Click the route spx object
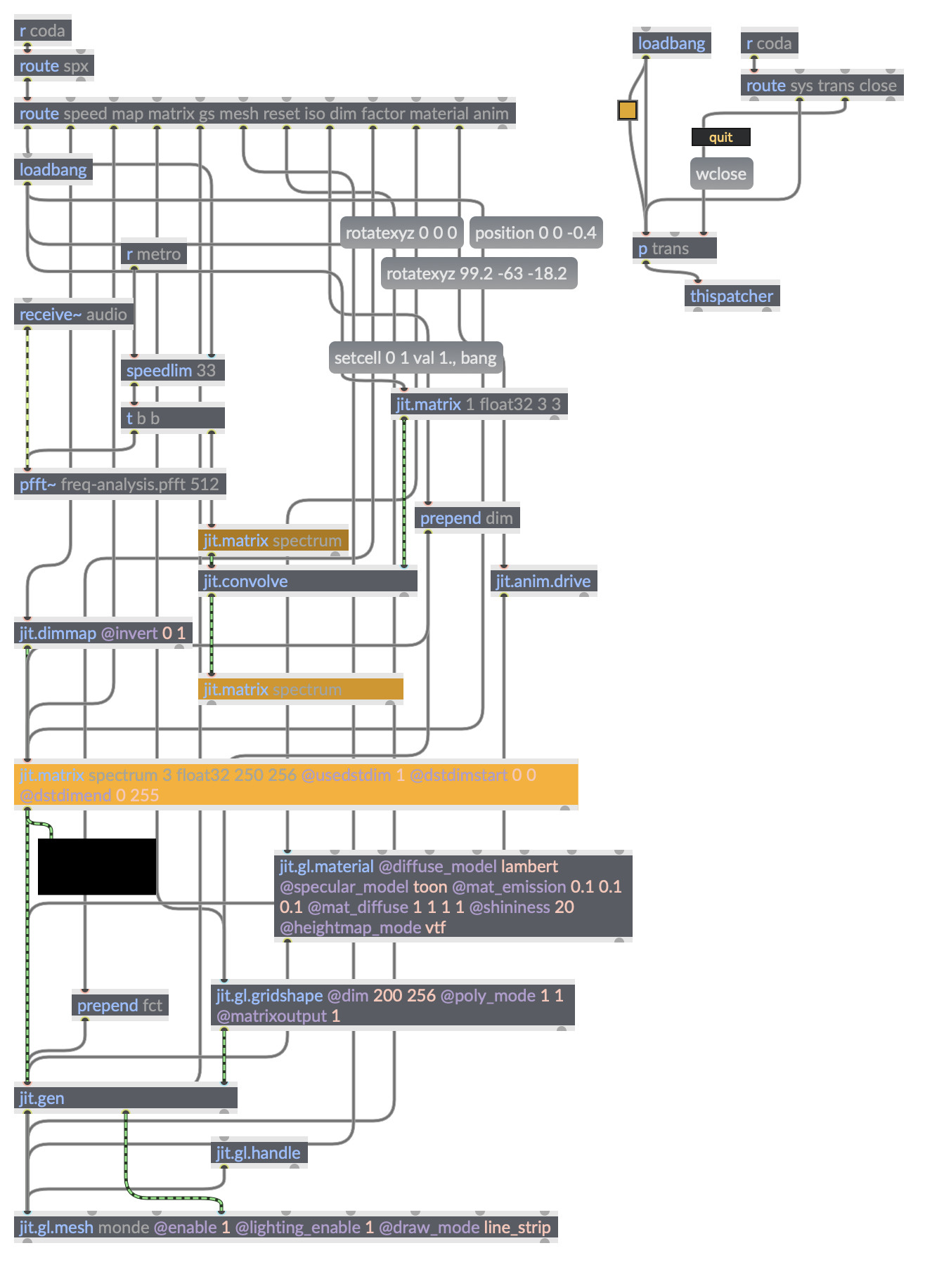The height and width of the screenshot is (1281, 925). tap(53, 66)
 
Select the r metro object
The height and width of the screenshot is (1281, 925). tap(153, 254)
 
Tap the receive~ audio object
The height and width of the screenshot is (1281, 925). tap(73, 315)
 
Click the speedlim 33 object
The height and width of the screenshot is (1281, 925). tap(172, 371)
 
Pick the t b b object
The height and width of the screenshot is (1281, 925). tap(172, 419)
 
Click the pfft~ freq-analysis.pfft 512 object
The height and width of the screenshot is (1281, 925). tap(119, 485)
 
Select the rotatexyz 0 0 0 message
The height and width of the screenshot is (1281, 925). tap(401, 233)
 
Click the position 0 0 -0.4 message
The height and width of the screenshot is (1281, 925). tap(536, 233)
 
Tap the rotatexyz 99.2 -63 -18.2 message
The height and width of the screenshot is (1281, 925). tap(477, 274)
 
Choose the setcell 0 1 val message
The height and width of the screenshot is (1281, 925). tap(415, 358)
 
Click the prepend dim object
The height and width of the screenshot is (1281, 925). tap(467, 518)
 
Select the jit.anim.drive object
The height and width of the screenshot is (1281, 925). tap(543, 582)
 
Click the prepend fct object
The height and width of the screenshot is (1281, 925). tap(119, 1006)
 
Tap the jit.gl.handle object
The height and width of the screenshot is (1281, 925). tap(259, 1153)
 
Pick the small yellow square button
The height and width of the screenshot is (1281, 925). tap(628, 110)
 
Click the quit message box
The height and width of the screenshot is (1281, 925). tap(720, 138)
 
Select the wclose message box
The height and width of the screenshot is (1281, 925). tap(721, 174)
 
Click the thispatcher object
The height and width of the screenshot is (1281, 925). tap(731, 296)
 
